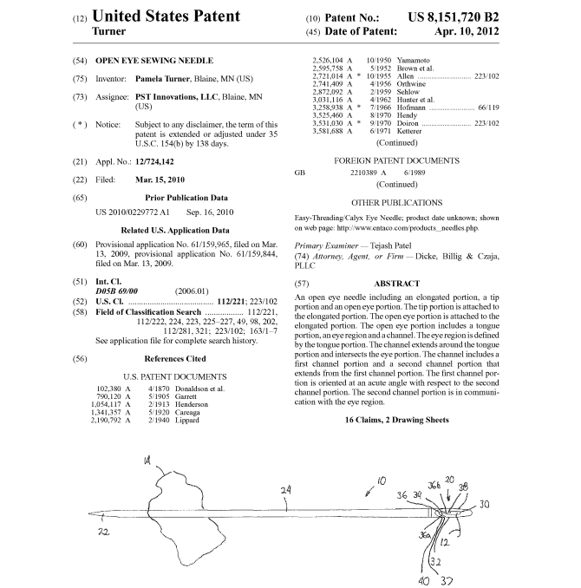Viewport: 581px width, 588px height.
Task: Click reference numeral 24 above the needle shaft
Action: coord(285,491)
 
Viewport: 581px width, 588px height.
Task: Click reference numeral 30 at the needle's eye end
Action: coord(484,503)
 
